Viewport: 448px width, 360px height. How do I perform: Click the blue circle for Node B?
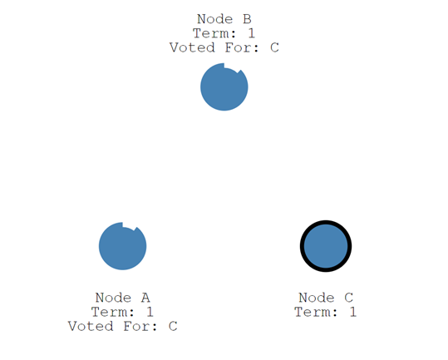coord(224,87)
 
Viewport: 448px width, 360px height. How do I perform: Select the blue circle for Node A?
coord(122,246)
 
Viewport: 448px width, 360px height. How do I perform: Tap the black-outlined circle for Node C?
coord(326,246)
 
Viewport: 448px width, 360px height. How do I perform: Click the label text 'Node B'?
coord(224,18)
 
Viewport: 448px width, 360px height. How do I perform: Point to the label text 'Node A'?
coord(122,298)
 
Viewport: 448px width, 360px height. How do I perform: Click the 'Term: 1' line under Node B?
coord(224,33)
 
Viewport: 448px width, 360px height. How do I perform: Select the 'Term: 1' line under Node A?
coord(122,312)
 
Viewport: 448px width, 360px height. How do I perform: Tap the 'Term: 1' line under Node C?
coord(326,312)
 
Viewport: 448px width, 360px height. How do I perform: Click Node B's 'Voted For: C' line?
coord(224,47)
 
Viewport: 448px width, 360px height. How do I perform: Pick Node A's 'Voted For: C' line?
coord(122,326)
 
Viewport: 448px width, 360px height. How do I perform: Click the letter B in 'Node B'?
coord(246,18)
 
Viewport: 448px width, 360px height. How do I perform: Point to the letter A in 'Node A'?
coord(145,298)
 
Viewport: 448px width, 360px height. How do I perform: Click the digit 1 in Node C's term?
coord(352,312)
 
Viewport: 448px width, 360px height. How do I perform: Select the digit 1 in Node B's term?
coord(251,33)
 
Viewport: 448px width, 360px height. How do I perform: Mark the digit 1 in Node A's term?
coord(150,312)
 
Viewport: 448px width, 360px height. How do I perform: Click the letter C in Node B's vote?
coord(274,47)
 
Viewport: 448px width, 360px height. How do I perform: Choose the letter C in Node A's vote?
coord(173,326)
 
